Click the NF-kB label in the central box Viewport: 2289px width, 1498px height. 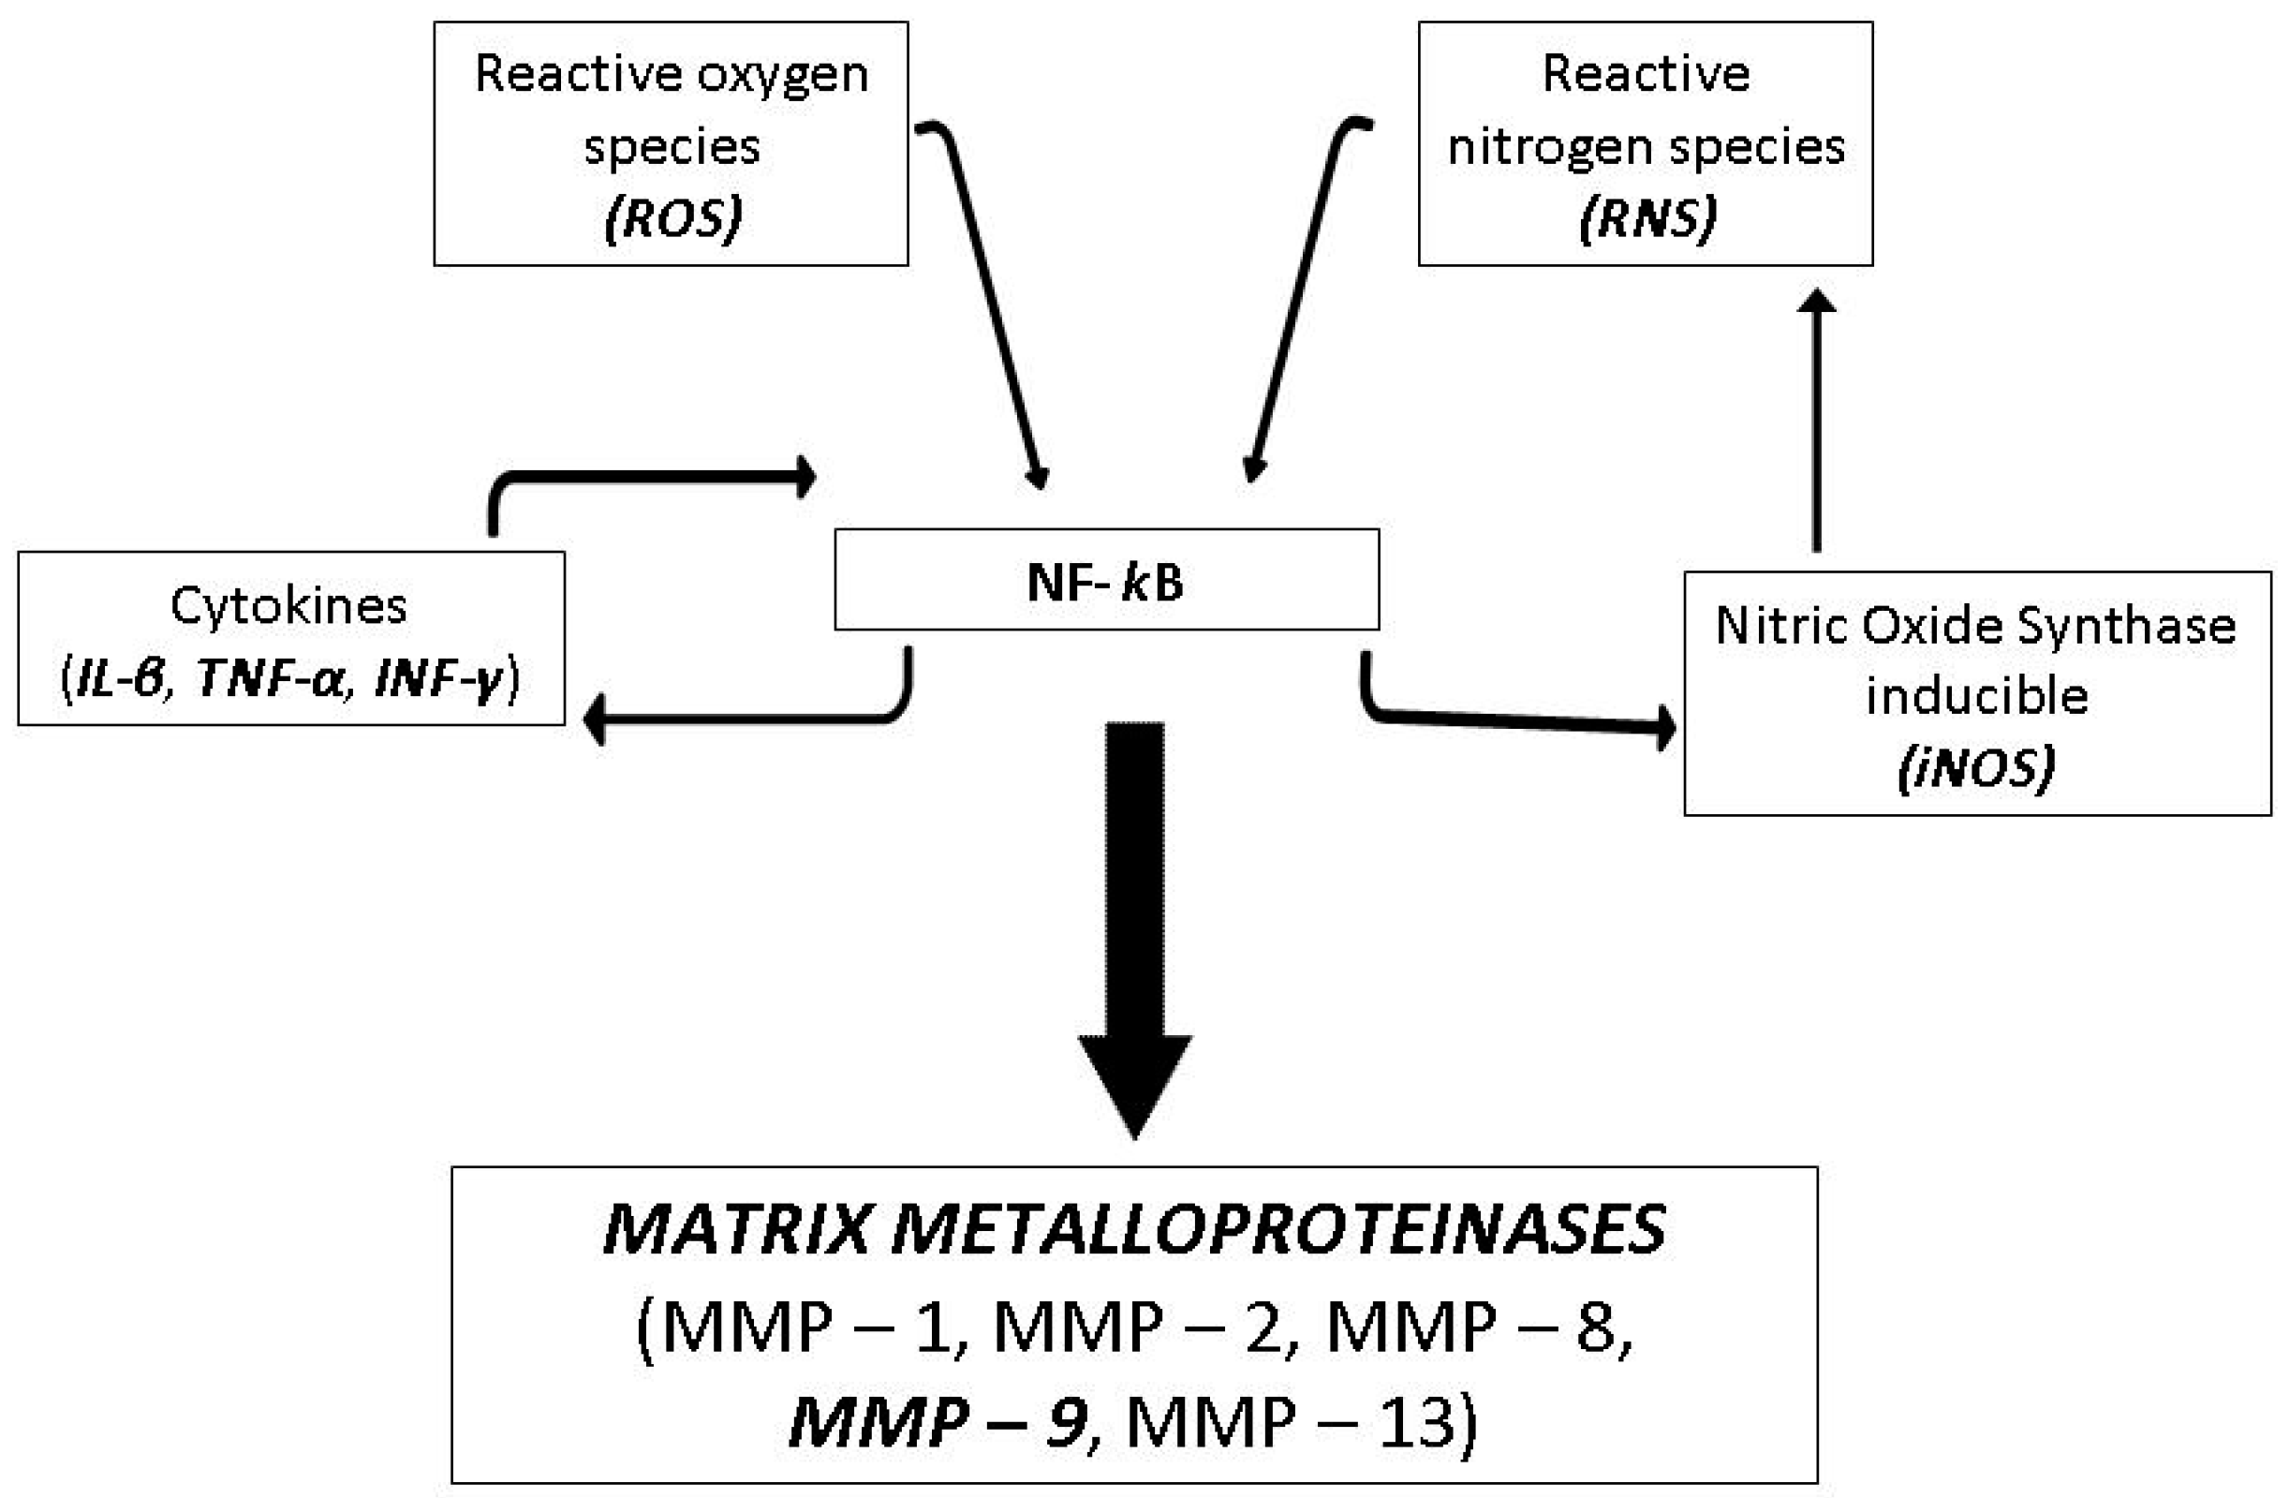[x=1105, y=582]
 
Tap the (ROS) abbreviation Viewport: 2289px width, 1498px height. [x=673, y=218]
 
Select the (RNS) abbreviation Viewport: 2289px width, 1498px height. [x=1647, y=218]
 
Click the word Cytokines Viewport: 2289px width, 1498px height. [x=288, y=606]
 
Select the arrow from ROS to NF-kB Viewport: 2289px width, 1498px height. [x=991, y=308]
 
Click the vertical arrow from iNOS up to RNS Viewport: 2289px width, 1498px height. [x=1816, y=423]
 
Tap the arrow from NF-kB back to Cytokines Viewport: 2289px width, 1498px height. [x=750, y=718]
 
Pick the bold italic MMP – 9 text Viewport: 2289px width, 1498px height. [x=938, y=1422]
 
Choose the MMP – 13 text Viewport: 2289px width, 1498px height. [x=1298, y=1422]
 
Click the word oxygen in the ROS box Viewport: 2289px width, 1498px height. [x=782, y=75]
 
